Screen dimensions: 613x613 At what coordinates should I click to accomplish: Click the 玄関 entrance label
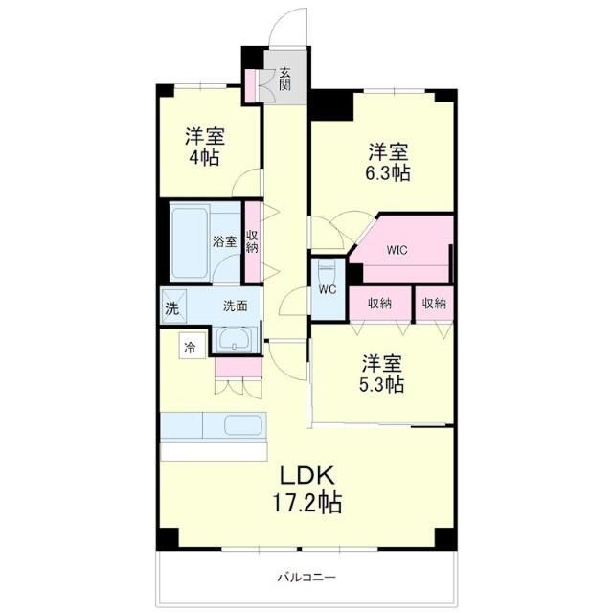pyautogui.click(x=285, y=78)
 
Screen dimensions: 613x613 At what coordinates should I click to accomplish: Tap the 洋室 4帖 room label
pyautogui.click(x=205, y=146)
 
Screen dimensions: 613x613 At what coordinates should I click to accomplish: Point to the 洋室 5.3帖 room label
pyautogui.click(x=381, y=374)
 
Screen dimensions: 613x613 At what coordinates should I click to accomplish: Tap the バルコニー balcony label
pyautogui.click(x=306, y=577)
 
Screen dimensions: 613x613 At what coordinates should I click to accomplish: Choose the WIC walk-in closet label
pyautogui.click(x=397, y=251)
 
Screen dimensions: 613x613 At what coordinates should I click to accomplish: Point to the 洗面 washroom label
pyautogui.click(x=236, y=306)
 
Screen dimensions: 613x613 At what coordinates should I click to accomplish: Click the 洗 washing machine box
pyautogui.click(x=171, y=308)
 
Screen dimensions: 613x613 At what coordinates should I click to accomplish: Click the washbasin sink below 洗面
pyautogui.click(x=235, y=339)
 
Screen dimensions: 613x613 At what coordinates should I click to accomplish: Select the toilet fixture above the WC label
pyautogui.click(x=326, y=269)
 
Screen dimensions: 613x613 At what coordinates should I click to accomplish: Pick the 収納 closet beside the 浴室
pyautogui.click(x=252, y=241)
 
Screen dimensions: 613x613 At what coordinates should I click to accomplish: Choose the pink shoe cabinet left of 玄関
pyautogui.click(x=253, y=84)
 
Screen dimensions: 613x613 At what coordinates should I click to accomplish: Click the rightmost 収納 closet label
pyautogui.click(x=434, y=304)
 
